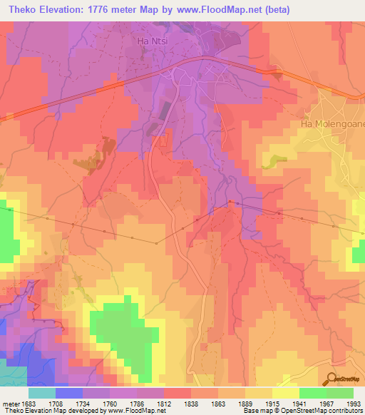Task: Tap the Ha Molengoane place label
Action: (x=330, y=123)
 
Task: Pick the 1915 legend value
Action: (x=272, y=403)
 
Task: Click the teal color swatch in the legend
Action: (x=42, y=393)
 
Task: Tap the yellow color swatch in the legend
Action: (x=285, y=393)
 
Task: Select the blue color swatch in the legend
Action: (x=69, y=393)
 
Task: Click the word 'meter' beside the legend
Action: (x=9, y=403)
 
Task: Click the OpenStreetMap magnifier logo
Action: (x=333, y=379)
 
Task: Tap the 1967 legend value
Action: (x=327, y=403)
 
